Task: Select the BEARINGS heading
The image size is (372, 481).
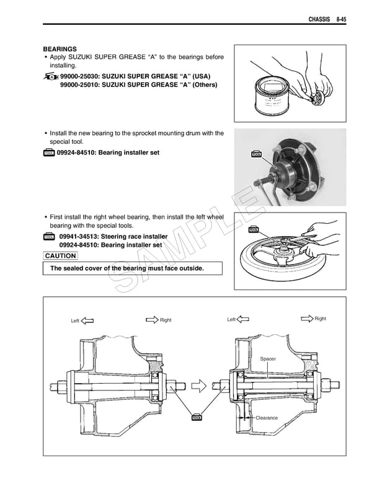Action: [60, 48]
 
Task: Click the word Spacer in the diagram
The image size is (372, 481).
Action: [268, 359]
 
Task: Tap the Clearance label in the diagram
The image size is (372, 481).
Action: [267, 418]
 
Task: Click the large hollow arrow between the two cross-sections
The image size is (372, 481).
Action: [198, 387]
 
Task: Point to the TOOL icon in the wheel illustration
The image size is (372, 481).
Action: [253, 229]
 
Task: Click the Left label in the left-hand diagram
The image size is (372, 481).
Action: [75, 320]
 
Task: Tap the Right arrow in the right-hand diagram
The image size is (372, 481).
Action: [306, 319]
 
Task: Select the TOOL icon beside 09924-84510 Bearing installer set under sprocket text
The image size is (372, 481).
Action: [49, 153]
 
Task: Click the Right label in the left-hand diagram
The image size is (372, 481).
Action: [166, 320]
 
